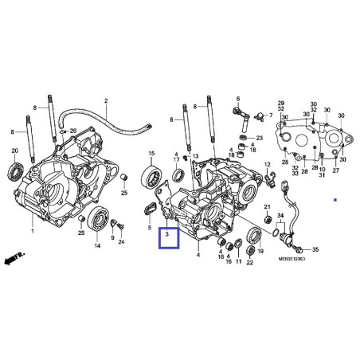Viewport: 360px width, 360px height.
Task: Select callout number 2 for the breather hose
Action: point(106,101)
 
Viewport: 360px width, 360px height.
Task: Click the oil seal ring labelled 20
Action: point(16,168)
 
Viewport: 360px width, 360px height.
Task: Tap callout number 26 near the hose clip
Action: point(74,131)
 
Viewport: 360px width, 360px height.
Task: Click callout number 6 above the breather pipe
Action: point(237,100)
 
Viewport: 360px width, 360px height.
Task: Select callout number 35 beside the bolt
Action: point(314,249)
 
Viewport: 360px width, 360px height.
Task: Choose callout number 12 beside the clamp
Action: point(268,164)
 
